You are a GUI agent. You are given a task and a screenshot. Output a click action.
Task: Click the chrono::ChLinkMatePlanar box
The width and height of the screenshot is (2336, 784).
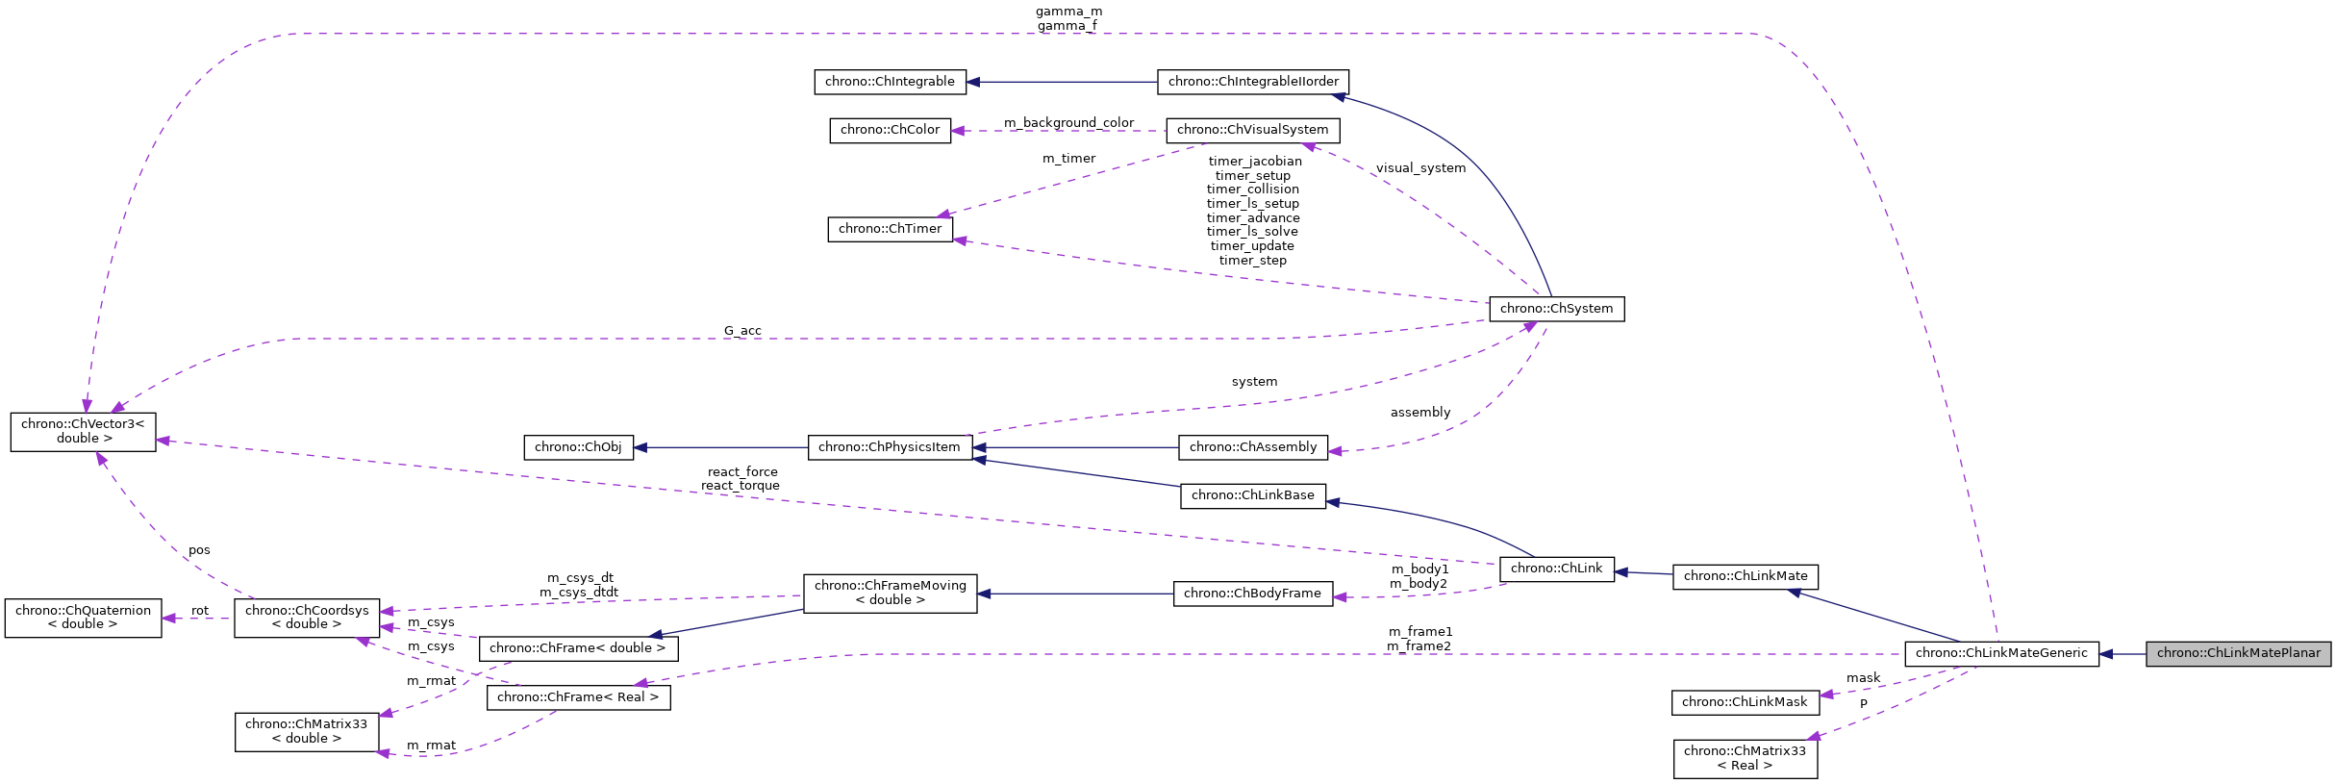2238,653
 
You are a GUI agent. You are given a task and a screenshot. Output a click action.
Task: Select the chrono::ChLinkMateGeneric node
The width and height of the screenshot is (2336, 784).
2000,653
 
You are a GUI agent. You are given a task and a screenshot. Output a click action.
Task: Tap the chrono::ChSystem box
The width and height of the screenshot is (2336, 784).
1556,309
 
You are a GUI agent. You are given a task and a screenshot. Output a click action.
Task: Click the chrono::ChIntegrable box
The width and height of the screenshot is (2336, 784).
890,82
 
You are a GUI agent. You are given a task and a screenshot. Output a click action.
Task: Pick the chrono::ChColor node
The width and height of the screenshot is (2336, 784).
890,130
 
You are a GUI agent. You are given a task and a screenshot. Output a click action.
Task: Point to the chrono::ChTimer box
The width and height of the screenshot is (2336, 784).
890,229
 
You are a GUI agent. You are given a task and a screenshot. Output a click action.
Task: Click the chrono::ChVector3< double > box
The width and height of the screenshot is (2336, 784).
83,431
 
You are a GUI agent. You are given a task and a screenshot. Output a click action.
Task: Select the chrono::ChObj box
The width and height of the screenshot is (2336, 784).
578,447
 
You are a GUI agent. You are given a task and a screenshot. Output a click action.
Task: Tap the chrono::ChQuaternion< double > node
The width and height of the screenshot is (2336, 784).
83,618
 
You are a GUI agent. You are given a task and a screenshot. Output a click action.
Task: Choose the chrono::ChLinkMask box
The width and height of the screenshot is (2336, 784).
1745,702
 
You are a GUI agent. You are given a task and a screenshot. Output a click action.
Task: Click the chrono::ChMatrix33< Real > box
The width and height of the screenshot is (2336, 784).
1745,758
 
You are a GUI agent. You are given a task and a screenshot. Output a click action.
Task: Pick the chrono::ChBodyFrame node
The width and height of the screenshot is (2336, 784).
1252,594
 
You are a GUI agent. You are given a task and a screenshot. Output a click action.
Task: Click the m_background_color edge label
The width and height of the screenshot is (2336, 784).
1068,123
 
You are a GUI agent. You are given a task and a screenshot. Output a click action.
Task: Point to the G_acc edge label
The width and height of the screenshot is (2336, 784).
742,331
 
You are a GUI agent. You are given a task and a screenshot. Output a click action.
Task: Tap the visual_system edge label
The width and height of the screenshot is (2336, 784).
1420,168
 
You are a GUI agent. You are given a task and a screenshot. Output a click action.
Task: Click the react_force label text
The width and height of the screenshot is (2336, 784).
742,472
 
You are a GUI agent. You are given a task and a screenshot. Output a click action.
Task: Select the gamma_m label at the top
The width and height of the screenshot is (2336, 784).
1068,12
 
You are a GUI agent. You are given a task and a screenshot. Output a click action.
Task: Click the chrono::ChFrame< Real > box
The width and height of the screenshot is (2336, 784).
578,697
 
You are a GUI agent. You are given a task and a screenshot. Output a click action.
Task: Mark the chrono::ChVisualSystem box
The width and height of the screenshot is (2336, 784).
1252,130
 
